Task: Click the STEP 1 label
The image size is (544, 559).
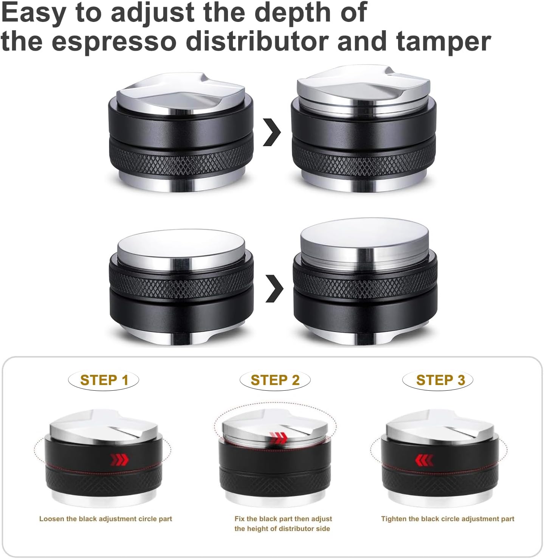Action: click(x=104, y=380)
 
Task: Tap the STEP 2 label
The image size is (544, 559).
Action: click(x=275, y=380)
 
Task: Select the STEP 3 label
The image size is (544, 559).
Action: click(x=440, y=380)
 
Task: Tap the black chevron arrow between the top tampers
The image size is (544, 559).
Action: click(x=272, y=132)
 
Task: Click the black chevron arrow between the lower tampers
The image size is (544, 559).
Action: click(x=274, y=288)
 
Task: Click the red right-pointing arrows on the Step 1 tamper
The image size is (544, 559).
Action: click(x=119, y=460)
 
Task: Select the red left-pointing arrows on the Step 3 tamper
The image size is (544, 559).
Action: click(x=424, y=460)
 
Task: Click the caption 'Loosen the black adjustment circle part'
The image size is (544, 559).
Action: click(x=105, y=519)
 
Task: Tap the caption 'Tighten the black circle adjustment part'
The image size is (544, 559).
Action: click(x=448, y=519)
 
